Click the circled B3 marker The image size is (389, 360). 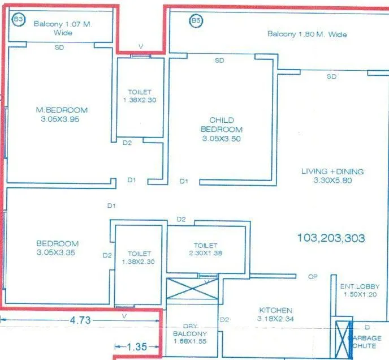(x=19, y=19)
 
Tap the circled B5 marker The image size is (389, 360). (x=195, y=21)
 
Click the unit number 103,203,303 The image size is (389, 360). (x=331, y=238)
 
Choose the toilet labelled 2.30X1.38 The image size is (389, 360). (x=205, y=249)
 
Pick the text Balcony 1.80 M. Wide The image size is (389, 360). (x=307, y=35)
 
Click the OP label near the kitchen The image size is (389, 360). (x=312, y=277)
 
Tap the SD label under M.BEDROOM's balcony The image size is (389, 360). (x=59, y=48)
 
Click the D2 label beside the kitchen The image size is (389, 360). (x=224, y=320)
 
